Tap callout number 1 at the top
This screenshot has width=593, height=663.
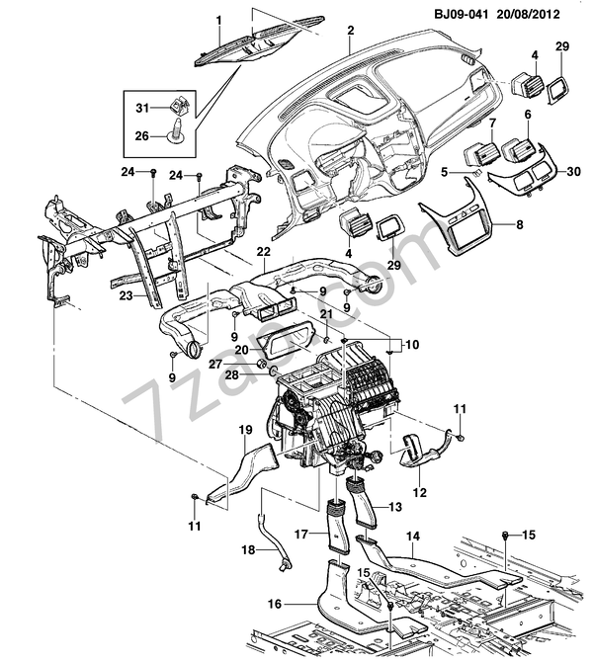pos(218,21)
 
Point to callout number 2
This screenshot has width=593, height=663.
pos(350,31)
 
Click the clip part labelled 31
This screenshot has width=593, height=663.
pos(179,108)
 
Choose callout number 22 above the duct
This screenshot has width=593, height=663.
pos(263,254)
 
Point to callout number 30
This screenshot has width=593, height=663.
pos(574,171)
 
